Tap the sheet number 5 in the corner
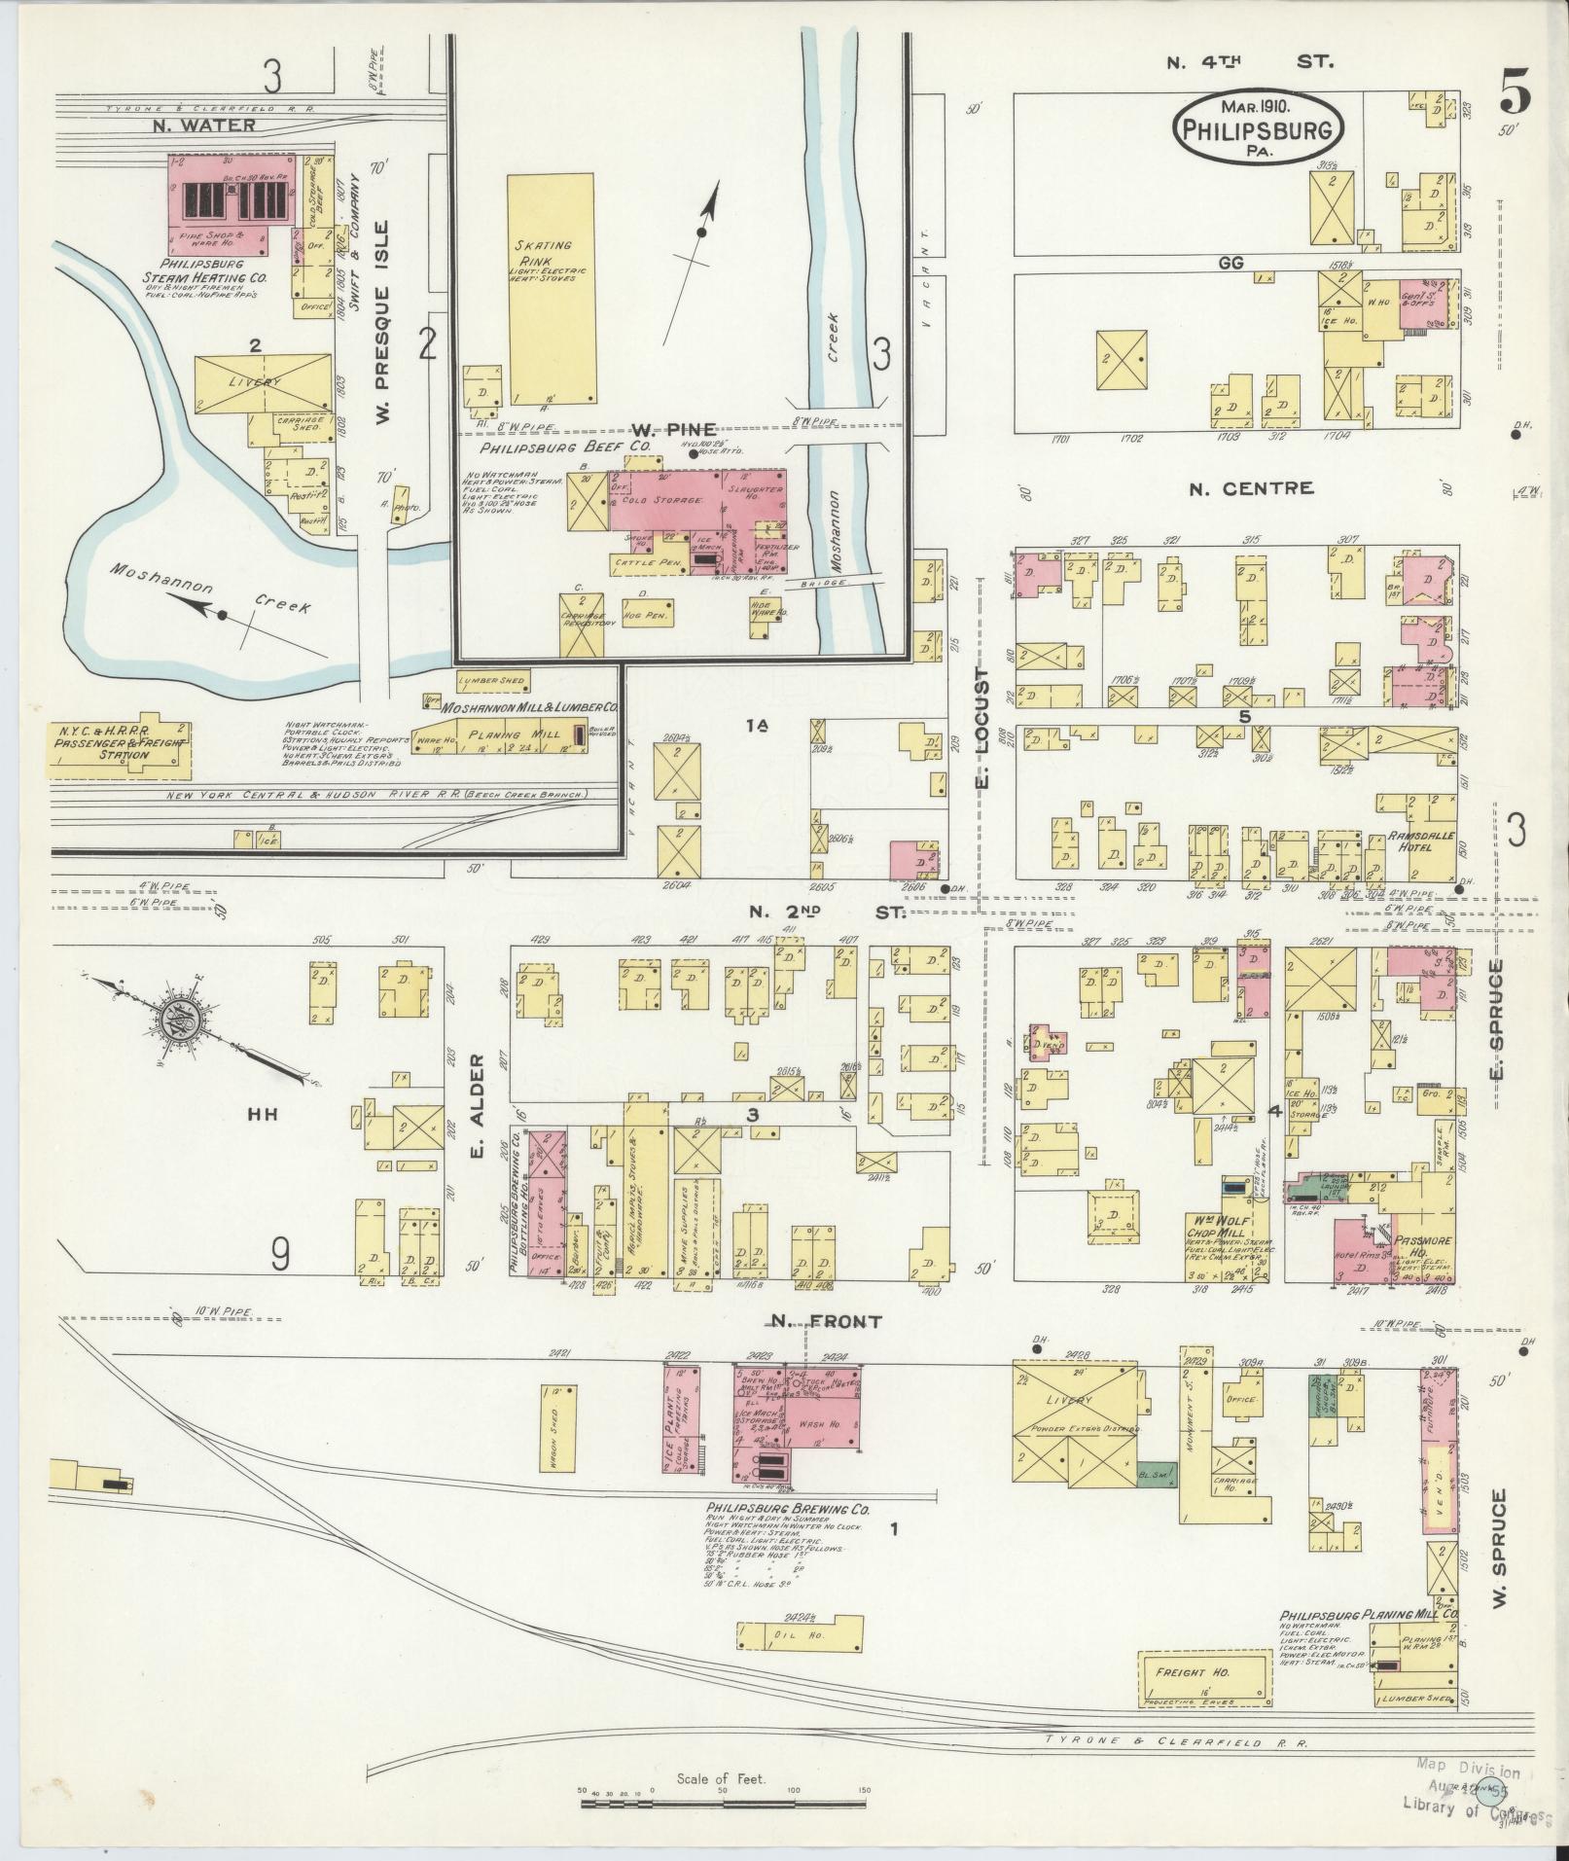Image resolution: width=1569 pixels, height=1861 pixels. pyautogui.click(x=1515, y=94)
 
